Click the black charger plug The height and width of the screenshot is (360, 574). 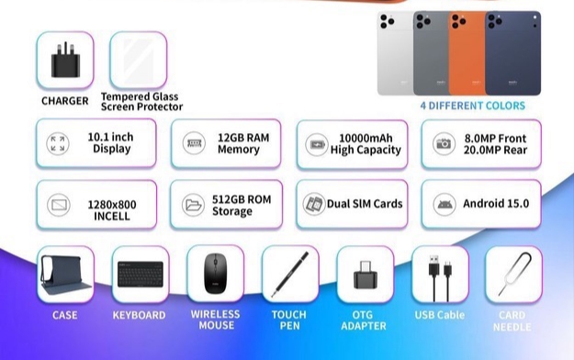click(65, 61)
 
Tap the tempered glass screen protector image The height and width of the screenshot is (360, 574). click(139, 61)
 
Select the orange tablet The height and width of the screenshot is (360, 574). click(467, 53)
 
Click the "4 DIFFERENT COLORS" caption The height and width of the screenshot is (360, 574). click(473, 106)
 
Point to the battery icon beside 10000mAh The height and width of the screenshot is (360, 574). click(316, 145)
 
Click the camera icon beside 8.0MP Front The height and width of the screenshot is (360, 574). click(444, 143)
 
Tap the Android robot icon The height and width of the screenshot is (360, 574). click(445, 204)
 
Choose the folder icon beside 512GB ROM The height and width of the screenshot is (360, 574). click(193, 205)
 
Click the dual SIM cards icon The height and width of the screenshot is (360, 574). click(314, 204)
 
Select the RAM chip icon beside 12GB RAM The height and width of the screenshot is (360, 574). click(194, 143)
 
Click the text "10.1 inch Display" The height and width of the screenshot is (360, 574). click(111, 142)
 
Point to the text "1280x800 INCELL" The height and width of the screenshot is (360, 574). click(112, 210)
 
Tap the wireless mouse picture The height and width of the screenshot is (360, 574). click(215, 273)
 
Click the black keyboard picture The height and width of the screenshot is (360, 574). click(141, 274)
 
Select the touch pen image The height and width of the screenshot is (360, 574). click(290, 274)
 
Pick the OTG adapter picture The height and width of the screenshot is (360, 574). click(365, 275)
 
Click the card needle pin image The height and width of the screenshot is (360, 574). click(513, 275)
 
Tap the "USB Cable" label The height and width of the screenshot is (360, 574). click(440, 315)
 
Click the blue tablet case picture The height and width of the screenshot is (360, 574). click(65, 275)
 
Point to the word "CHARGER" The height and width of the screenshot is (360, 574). click(65, 101)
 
